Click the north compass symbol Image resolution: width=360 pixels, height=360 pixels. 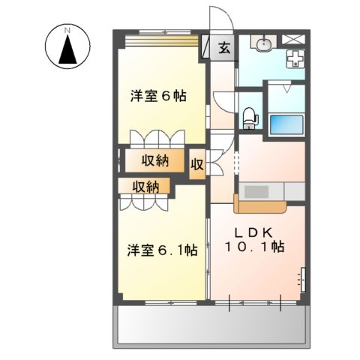67,46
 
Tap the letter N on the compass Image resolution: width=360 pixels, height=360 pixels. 67,30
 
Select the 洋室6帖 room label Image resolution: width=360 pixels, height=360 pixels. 158,96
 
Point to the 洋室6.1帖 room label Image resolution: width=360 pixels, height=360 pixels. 161,250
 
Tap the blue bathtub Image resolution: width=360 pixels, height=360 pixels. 286,124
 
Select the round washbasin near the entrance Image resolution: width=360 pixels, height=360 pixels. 262,47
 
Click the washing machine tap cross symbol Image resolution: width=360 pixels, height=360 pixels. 294,58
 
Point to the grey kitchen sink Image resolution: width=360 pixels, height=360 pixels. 259,192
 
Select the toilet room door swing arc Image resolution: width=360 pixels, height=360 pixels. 223,102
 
